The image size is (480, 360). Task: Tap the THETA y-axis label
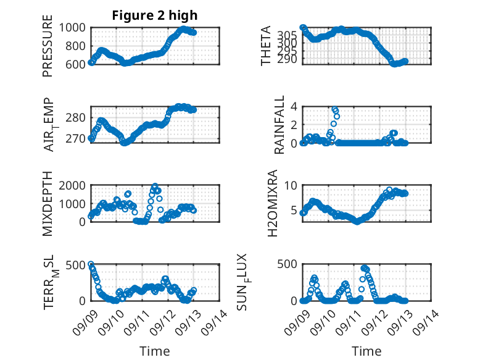pos(266,46)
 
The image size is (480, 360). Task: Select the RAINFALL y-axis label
pos(279,124)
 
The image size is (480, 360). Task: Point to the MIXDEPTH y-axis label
pos(48,204)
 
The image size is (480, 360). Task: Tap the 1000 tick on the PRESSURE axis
pos(75,28)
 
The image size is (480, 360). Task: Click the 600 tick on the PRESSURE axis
pos(78,64)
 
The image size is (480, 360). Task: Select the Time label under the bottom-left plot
pos(154,351)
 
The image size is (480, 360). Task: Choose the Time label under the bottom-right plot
pos(366,351)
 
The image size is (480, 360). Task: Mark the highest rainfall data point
pos(334,109)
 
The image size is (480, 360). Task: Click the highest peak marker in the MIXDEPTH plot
pos(155,186)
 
